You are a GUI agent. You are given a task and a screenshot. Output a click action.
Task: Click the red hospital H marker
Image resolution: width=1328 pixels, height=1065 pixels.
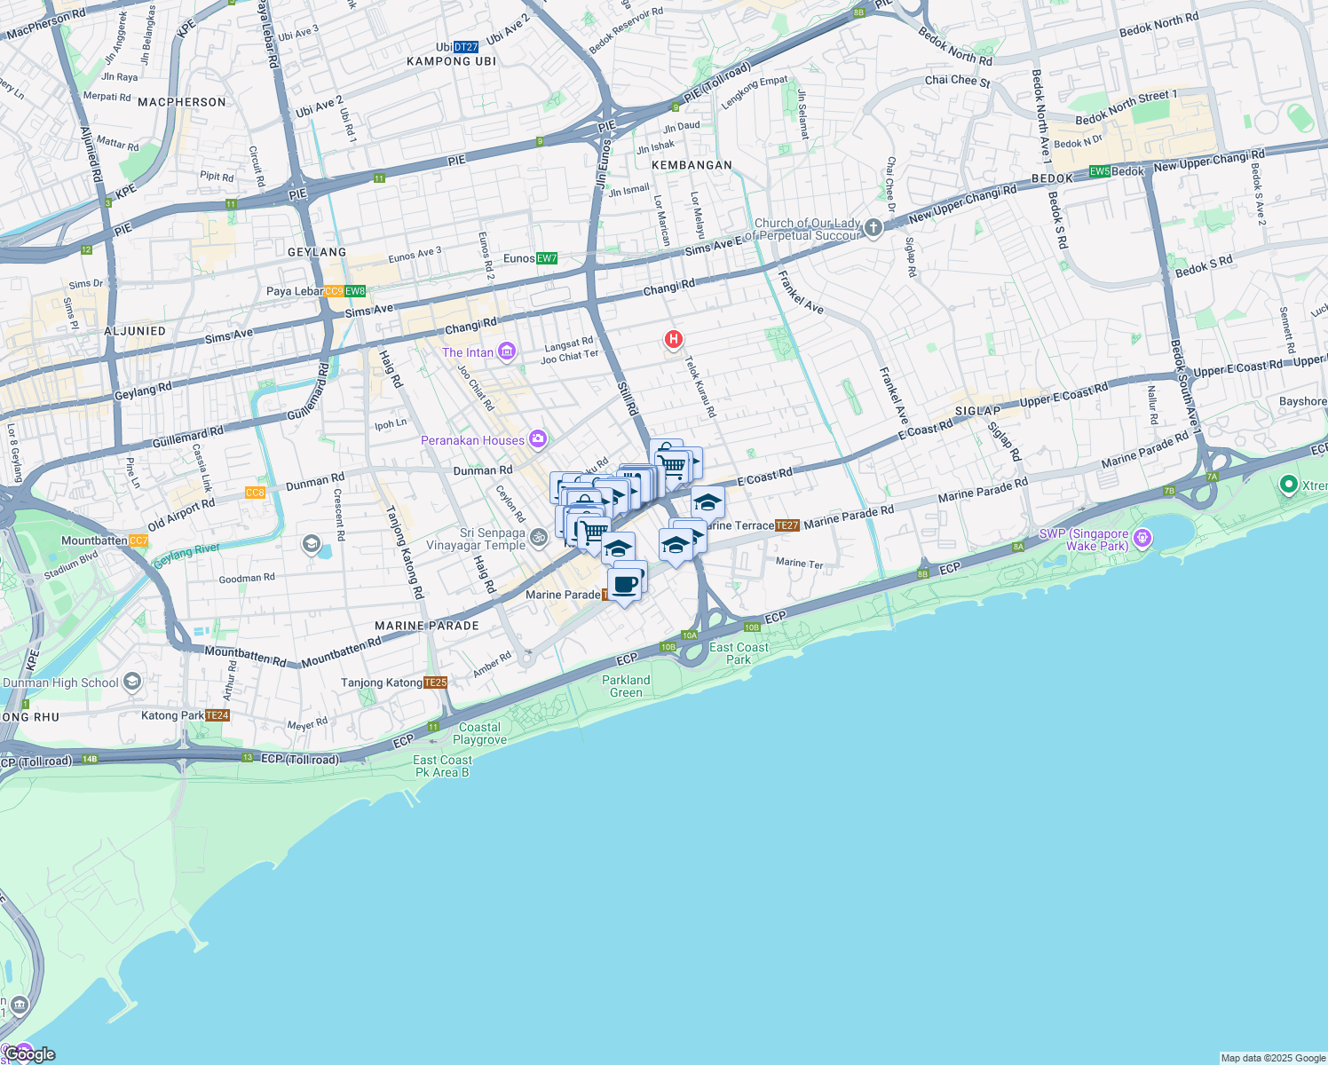tap(674, 339)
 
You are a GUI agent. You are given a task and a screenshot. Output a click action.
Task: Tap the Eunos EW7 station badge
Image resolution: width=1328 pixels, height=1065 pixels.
tap(547, 258)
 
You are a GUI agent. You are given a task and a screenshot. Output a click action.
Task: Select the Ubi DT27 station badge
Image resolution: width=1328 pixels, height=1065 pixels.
tap(466, 47)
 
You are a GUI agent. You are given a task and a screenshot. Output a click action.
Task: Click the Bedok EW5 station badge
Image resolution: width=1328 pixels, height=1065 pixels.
tap(1100, 171)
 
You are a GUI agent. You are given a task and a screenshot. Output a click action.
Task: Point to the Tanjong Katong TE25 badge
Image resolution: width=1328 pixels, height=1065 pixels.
tap(436, 682)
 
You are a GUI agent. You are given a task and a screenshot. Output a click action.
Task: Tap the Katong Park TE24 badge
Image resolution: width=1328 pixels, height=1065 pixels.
tap(217, 715)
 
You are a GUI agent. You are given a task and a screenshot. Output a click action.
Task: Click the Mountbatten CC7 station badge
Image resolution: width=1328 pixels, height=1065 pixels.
tap(138, 540)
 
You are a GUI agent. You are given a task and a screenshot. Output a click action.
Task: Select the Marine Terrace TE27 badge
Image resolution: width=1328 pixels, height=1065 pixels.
tap(787, 525)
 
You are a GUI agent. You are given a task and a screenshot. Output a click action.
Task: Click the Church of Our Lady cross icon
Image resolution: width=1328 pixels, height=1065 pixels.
tap(873, 228)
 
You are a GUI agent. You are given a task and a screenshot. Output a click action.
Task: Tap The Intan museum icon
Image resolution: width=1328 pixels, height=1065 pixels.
tap(507, 352)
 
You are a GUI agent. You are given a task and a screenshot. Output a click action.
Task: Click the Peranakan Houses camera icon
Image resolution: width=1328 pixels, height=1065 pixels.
tap(537, 439)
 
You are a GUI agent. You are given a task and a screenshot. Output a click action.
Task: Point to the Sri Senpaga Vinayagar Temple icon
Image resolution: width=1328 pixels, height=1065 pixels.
tap(538, 538)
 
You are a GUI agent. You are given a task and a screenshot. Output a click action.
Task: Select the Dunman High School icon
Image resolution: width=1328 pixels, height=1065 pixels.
tap(132, 682)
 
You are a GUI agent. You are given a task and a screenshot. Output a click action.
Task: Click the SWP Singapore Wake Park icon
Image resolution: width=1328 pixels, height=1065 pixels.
tap(1142, 538)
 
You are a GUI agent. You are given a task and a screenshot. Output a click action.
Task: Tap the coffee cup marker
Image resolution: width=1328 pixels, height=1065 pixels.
tap(625, 585)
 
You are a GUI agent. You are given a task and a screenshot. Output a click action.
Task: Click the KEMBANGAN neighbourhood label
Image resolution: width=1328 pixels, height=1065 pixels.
tap(692, 165)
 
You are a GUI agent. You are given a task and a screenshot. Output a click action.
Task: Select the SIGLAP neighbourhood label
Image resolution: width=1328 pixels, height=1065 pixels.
tap(977, 411)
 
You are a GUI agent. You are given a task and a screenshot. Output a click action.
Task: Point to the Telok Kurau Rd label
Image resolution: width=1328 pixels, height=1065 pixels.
tap(700, 387)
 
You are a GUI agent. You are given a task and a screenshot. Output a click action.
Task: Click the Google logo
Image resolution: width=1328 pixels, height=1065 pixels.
tap(30, 1054)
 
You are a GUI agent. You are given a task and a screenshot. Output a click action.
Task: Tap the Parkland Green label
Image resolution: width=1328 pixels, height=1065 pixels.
tap(626, 686)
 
